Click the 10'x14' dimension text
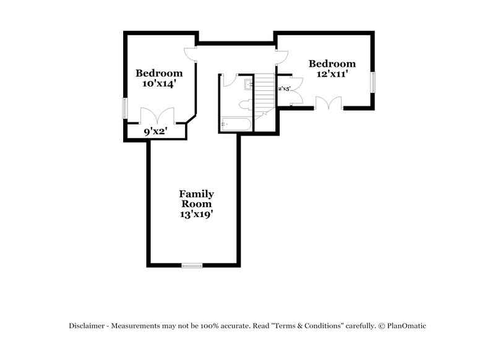coord(160,85)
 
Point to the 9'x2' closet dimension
coord(157,131)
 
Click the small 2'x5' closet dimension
coord(284,88)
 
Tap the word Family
coord(196,194)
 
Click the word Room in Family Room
coord(196,204)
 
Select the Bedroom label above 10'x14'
coord(160,73)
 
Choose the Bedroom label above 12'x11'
coord(332,64)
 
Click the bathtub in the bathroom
coord(235,125)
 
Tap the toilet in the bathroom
coord(245,103)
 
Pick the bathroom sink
coord(247,84)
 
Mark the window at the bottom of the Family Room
coord(192,266)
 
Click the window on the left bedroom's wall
coord(124,109)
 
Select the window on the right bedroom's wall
coord(373,82)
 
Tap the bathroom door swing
coord(230,80)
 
